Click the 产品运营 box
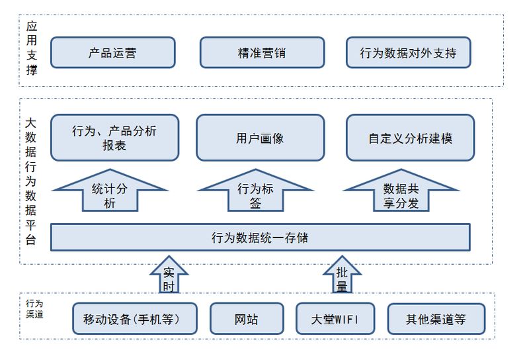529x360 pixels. [112, 53]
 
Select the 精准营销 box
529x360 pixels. [262, 53]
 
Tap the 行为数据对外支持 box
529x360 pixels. [408, 53]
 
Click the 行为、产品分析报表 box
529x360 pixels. [114, 138]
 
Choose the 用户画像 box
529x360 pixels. [260, 138]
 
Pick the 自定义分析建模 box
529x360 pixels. [410, 138]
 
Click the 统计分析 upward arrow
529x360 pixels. [110, 191]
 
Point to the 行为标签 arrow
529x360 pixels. [255, 191]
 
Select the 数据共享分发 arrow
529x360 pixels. [401, 191]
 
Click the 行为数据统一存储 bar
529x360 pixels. [260, 238]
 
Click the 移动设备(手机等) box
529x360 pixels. [135, 319]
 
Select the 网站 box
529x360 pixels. [247, 319]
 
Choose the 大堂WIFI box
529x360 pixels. [335, 319]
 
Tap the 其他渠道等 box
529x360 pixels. [436, 319]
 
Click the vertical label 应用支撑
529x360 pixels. [32, 48]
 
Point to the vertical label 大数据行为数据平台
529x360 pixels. [30, 181]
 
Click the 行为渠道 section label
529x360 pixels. [34, 308]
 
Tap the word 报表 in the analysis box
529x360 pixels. [114, 146]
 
